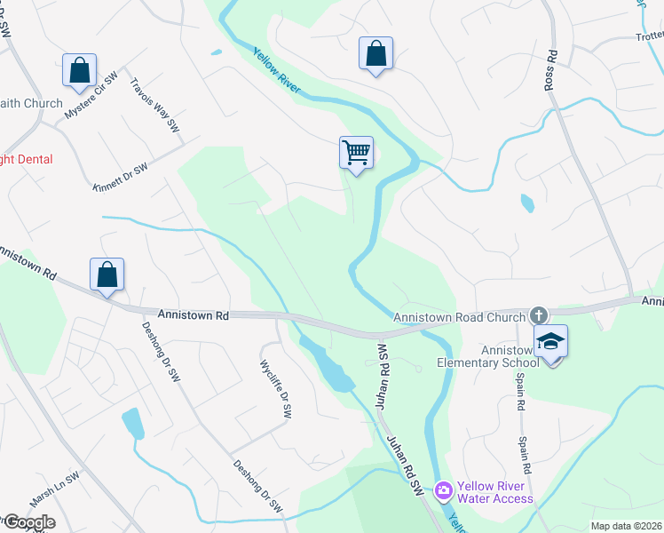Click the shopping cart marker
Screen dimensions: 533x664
(356, 153)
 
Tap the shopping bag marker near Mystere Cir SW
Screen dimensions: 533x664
(79, 70)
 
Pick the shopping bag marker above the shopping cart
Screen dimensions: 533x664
(375, 53)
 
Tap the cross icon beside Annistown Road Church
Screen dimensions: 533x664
(538, 315)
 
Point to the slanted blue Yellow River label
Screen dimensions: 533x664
(276, 71)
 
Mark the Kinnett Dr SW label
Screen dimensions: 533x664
(120, 175)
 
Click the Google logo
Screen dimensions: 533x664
(28, 522)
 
